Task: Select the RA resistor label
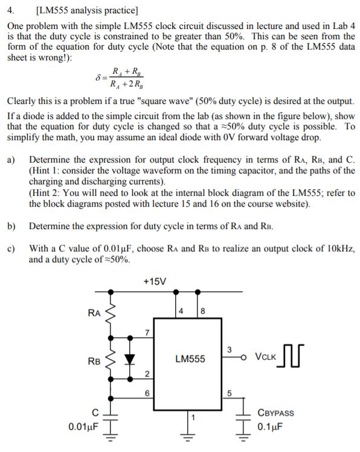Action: (94, 312)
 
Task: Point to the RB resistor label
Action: (94, 362)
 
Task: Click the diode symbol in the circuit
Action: (129, 358)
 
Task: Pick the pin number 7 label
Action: (147, 332)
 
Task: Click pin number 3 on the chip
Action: (229, 349)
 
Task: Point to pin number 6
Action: (147, 393)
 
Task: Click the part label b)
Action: (11, 226)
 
